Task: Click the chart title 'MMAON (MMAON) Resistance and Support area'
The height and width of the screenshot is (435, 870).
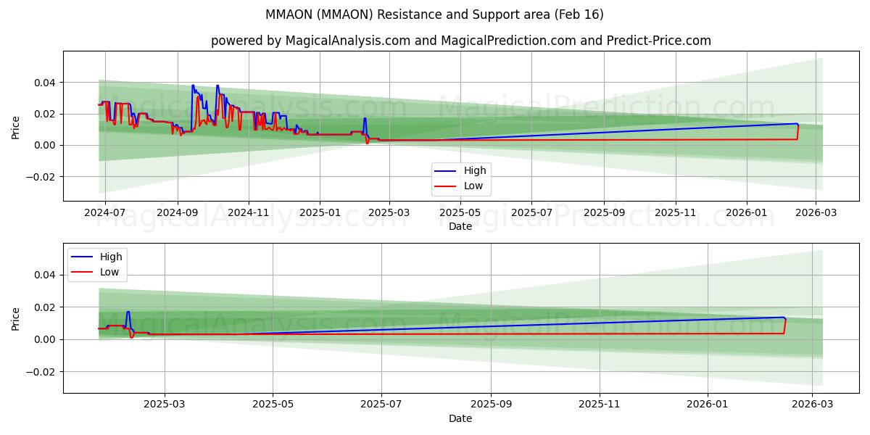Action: [434, 14]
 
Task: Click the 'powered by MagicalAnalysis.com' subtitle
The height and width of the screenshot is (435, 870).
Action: [460, 41]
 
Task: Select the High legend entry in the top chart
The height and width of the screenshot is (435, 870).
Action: [475, 170]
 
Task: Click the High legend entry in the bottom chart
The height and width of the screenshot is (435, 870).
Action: [111, 257]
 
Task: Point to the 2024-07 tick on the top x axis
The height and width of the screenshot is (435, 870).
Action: [106, 213]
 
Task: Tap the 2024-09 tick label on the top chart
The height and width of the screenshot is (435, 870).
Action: [178, 213]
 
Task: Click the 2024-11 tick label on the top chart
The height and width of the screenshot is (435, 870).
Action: [249, 213]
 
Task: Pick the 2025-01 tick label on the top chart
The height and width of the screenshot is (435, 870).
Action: [320, 213]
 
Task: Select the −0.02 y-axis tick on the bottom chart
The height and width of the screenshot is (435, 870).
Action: [42, 372]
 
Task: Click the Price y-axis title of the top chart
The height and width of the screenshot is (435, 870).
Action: [16, 128]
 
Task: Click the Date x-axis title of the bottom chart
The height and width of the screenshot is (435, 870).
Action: [460, 418]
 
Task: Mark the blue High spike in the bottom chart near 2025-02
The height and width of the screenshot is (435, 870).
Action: [128, 312]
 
